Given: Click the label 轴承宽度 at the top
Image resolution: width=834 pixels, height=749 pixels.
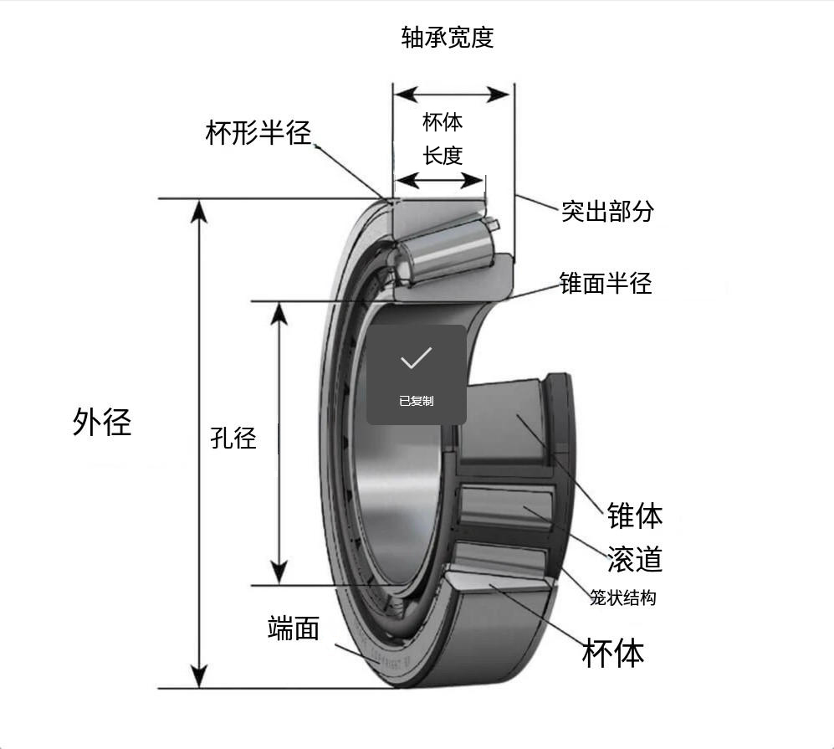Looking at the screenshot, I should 448,38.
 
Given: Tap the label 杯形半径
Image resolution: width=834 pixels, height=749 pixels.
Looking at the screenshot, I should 258,133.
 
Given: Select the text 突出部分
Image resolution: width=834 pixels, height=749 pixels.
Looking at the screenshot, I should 607,211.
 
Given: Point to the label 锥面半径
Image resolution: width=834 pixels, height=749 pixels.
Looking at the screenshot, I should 606,283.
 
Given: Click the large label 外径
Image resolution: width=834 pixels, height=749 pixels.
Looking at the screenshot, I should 102,421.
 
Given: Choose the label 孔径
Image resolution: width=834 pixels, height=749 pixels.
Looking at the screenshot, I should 233,437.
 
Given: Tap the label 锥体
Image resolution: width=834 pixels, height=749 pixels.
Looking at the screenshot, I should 635,516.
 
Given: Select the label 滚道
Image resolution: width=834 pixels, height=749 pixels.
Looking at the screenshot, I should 635,558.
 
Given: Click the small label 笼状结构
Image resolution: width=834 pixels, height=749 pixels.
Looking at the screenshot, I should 622,598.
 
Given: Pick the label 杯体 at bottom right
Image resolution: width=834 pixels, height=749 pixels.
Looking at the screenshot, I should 613,653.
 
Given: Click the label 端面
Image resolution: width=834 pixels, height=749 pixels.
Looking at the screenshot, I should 294,628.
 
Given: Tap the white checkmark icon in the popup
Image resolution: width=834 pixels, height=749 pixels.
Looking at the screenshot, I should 416,358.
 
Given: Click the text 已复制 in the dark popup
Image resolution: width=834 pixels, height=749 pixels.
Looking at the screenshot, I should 416,401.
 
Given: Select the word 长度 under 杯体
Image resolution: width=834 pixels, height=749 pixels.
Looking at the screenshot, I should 443,156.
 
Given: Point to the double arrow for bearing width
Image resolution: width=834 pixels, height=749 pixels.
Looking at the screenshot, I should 453,94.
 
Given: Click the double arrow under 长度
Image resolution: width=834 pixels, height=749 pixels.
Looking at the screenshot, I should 441,180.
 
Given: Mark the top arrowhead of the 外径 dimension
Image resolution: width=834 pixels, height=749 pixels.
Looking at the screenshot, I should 198,212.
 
